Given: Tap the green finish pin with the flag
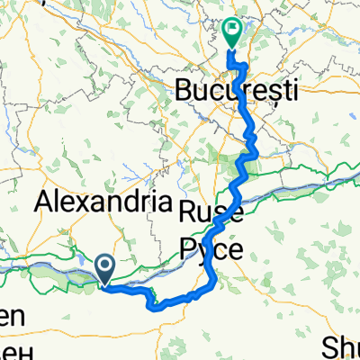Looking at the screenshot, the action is pyautogui.click(x=232, y=32).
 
